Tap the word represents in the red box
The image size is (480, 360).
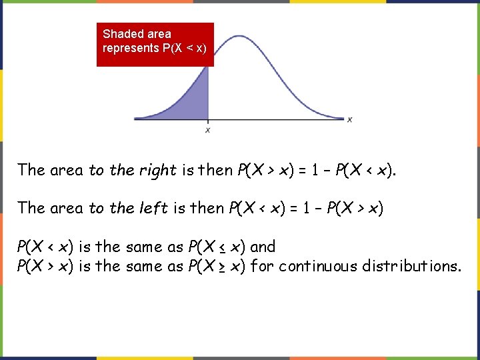click(131, 49)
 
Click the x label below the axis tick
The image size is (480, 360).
click(208, 131)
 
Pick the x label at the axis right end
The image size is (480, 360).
click(350, 119)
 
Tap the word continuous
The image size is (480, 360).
click(318, 267)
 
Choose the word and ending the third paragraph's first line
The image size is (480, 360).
click(263, 247)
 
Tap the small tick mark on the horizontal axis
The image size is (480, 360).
click(208, 121)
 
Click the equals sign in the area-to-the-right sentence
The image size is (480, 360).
click(300, 170)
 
